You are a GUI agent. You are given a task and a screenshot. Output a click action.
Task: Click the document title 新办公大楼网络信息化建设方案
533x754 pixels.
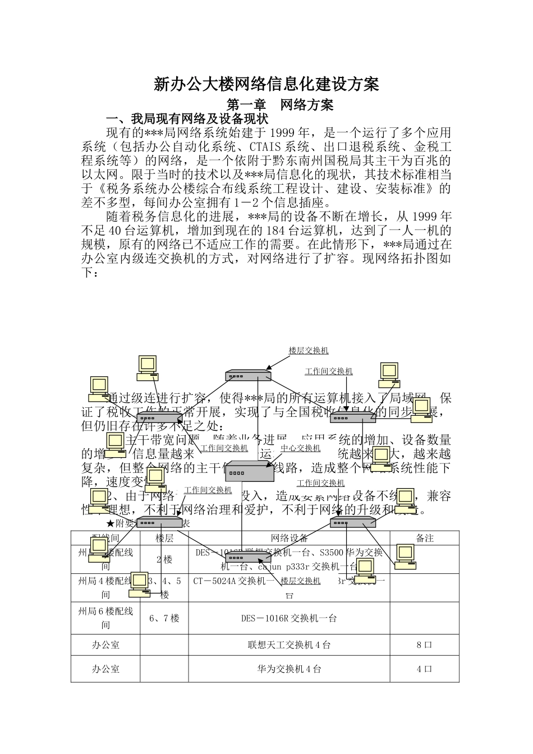266,85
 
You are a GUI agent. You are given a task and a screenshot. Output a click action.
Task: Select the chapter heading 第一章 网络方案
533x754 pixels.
279,105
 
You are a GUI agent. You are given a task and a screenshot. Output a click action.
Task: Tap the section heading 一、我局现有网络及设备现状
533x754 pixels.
188,119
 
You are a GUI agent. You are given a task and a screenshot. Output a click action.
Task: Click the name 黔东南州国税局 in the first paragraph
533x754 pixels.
325,160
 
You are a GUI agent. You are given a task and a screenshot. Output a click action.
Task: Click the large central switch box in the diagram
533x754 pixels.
249,471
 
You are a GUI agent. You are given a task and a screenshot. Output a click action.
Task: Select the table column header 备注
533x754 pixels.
424,538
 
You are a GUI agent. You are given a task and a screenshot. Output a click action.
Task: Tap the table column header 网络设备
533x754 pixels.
289,538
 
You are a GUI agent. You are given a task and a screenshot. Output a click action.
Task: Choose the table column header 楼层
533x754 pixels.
164,538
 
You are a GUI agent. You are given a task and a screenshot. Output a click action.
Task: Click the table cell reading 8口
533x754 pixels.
424,645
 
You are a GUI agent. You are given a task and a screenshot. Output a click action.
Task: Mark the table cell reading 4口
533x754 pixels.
424,669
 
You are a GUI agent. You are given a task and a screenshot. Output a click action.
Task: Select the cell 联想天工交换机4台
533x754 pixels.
289,645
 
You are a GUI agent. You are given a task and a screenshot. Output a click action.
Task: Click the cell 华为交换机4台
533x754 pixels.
289,669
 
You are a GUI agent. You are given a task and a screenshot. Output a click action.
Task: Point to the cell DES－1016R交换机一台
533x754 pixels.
289,618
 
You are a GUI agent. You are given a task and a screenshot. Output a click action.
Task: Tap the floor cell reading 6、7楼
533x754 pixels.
164,618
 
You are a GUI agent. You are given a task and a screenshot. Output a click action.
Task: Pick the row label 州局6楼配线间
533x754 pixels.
105,618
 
